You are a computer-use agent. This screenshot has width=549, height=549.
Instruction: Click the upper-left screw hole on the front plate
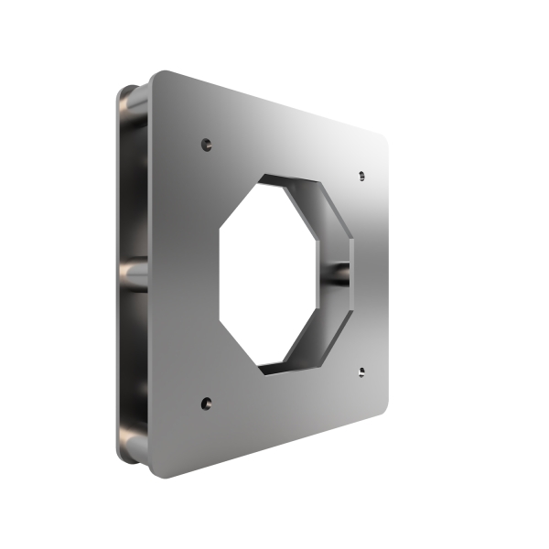point(206,144)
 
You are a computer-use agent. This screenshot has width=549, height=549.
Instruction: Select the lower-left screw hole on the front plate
point(206,402)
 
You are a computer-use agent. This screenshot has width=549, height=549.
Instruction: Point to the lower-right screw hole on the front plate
point(361,371)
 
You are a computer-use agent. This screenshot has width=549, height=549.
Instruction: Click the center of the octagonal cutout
point(279,273)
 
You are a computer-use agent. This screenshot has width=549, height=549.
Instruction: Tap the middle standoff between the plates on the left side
point(134,273)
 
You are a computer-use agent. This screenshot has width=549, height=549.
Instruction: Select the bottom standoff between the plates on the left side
point(133,446)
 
